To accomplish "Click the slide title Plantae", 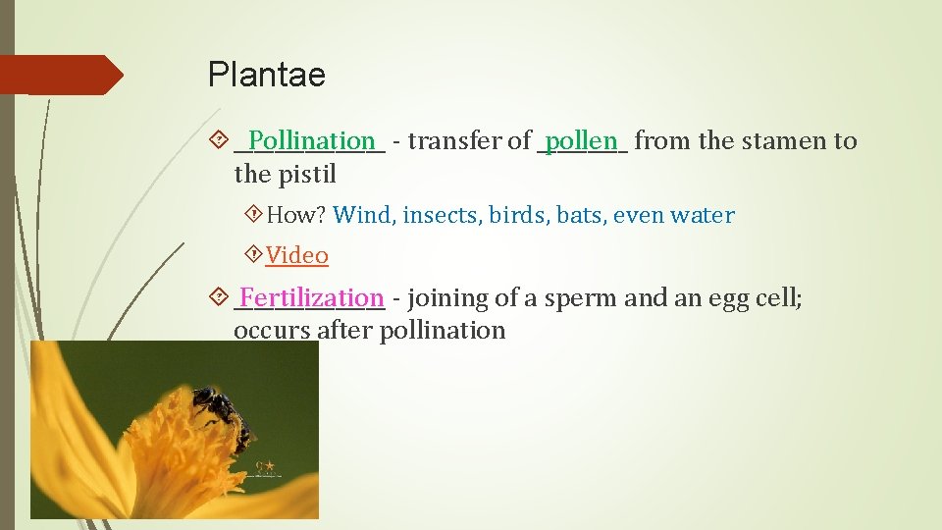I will tap(266, 76).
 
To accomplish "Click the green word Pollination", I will tap(311, 140).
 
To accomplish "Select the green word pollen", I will tap(581, 140).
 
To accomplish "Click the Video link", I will tap(296, 255).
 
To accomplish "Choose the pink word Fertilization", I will tap(311, 297).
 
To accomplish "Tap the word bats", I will tap(581, 215).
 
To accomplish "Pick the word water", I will tap(704, 215).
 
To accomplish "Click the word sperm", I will tap(582, 298).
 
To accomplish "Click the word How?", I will tap(296, 215).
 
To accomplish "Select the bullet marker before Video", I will tap(254, 255).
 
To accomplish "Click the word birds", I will tap(519, 215).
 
